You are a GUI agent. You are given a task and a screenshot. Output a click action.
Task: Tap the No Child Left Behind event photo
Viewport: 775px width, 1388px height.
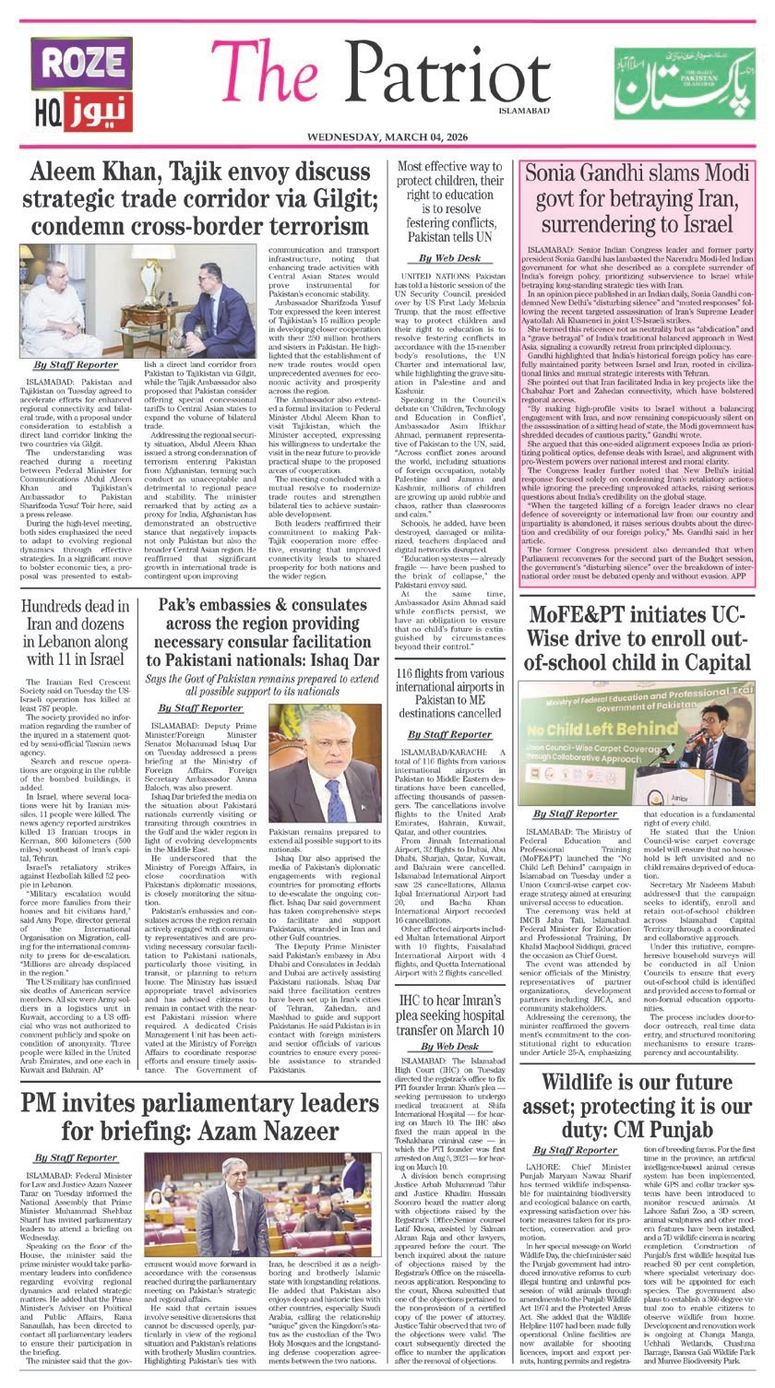coord(638,741)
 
